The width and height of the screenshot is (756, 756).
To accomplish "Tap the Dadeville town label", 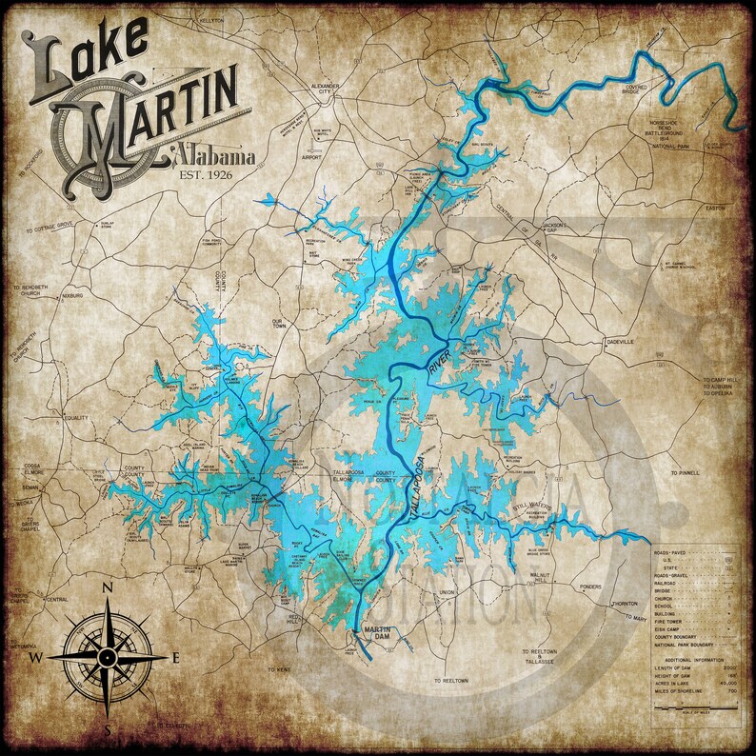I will pos(619,341).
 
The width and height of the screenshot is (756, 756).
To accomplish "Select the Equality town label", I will pos(75,417).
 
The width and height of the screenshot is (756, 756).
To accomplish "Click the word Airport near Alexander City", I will pos(312,157).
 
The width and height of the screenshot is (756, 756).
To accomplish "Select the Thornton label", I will pos(625,603).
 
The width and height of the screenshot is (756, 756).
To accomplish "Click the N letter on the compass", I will pos(108,588).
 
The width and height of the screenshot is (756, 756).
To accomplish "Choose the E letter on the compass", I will pos(175,657).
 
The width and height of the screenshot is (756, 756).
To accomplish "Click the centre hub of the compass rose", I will pos(108,657).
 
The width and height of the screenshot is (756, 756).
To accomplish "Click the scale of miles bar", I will pos(704,707).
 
